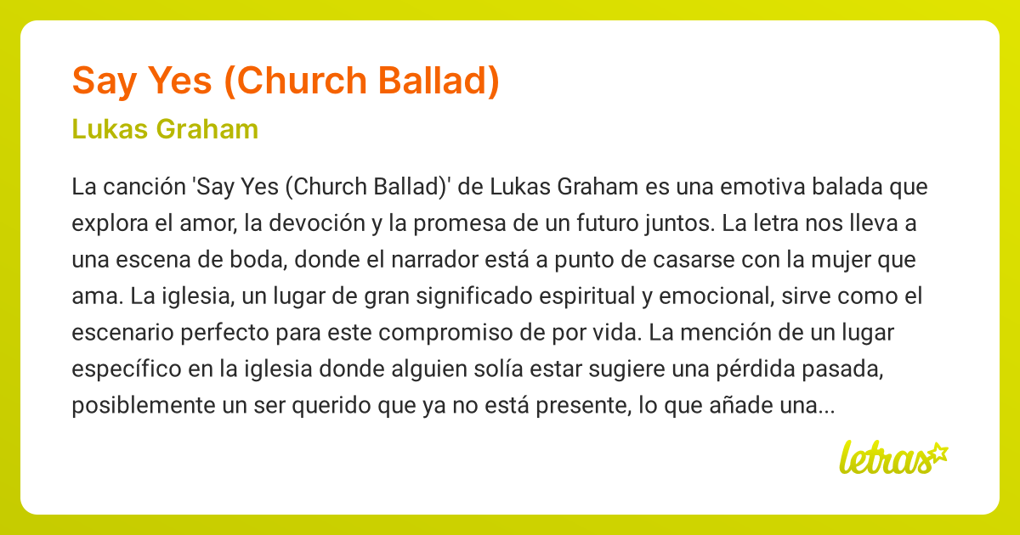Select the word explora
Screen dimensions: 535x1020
pyautogui.click(x=104, y=224)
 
